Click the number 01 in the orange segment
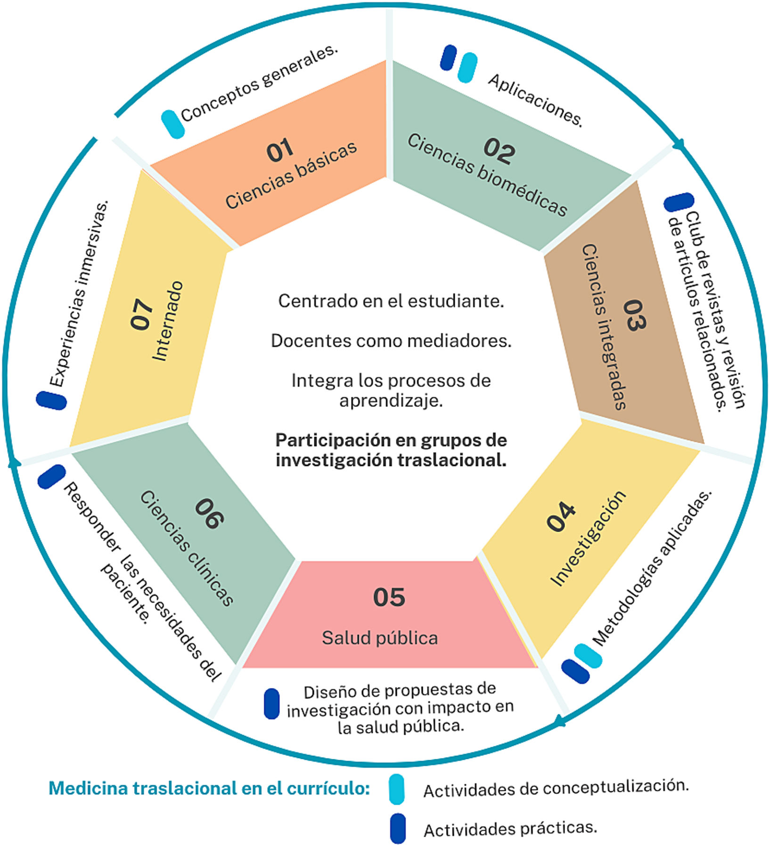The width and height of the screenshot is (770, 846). (x=280, y=150)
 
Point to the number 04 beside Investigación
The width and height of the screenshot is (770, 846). (x=561, y=517)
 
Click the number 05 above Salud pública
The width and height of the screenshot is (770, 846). (x=389, y=597)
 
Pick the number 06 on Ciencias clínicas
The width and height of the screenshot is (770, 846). (x=209, y=513)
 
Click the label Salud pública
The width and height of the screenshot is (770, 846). (x=380, y=638)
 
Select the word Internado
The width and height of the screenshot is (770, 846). (x=167, y=321)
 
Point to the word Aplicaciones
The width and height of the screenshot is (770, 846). (x=535, y=100)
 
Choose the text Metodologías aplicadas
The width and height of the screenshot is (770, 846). (x=652, y=567)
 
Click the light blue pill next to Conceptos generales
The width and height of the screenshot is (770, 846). (x=172, y=124)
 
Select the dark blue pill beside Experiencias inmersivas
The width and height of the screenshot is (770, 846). (x=51, y=400)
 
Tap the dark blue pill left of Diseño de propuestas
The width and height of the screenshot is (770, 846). (x=271, y=704)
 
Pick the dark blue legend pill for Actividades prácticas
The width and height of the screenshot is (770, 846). (x=398, y=828)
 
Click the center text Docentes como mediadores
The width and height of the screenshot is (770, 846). (x=391, y=341)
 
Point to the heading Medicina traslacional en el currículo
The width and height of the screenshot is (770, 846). (x=209, y=789)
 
